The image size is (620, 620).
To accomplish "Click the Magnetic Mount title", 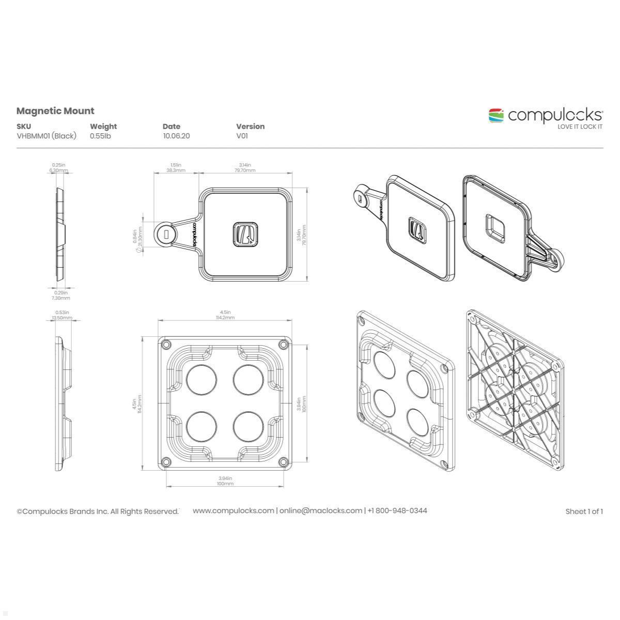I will click(55, 111).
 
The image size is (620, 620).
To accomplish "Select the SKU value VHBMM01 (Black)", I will click(47, 136).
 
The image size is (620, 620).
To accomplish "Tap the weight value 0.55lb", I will click(100, 136).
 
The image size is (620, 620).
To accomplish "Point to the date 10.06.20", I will click(176, 136).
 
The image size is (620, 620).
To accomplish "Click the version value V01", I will click(242, 136).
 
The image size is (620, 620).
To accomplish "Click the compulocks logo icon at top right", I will click(496, 115).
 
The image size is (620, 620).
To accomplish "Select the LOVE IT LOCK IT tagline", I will click(579, 127).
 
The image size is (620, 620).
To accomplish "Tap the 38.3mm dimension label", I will click(176, 170).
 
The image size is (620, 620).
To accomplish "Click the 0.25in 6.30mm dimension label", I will click(59, 167).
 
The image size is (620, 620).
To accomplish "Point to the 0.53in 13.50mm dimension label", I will click(61, 315).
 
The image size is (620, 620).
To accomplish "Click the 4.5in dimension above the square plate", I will click(225, 312).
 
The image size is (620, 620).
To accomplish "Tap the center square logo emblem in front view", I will click(245, 234).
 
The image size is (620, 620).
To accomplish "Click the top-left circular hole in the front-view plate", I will click(201, 379).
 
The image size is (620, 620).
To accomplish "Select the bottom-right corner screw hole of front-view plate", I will click(283, 461).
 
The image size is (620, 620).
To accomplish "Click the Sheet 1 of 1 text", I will click(584, 512).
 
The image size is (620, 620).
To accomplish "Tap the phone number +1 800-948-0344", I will click(397, 510).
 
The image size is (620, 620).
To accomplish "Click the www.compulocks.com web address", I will click(234, 510).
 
